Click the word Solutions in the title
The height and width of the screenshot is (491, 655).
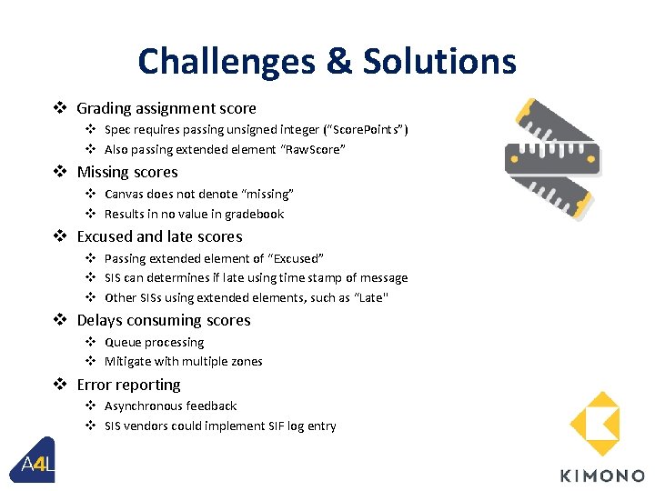pyautogui.click(x=439, y=62)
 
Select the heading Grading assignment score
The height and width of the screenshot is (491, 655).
pyautogui.click(x=166, y=108)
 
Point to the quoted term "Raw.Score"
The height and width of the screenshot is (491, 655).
pyautogui.click(x=301, y=149)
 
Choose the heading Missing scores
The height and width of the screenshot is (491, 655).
pyautogui.click(x=127, y=172)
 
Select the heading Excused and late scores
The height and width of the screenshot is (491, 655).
pyautogui.click(x=159, y=236)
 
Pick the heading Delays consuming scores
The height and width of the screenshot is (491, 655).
pyautogui.click(x=164, y=320)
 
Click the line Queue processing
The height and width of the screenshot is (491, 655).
pyautogui.click(x=154, y=342)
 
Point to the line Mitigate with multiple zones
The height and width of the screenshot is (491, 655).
pyautogui.click(x=183, y=361)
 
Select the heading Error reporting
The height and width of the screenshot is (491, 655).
pyautogui.click(x=128, y=385)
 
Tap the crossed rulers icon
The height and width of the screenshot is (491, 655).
pyautogui.click(x=552, y=153)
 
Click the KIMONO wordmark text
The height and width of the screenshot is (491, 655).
pyautogui.click(x=601, y=476)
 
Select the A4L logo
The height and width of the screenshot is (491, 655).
pyautogui.click(x=37, y=463)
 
